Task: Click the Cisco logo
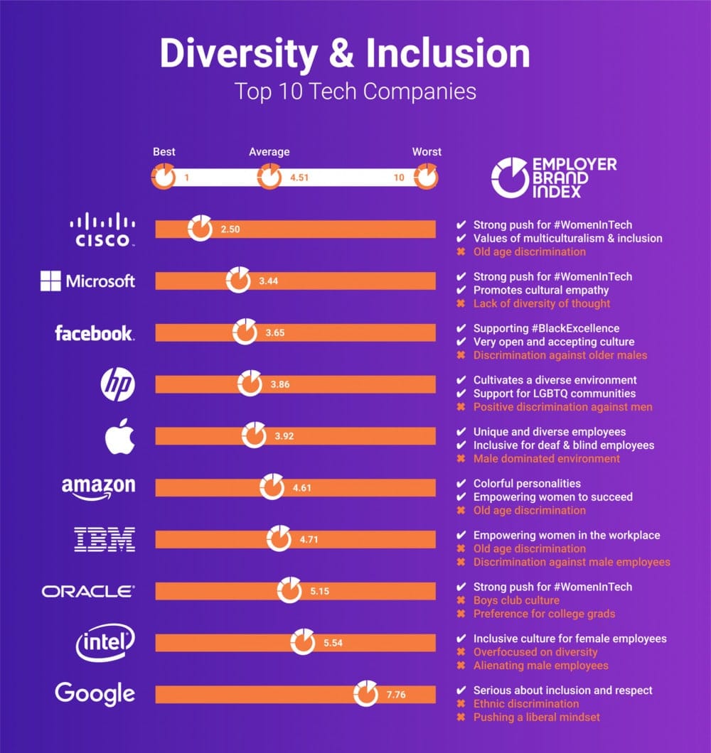coord(102,229)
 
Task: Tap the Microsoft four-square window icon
coord(50,281)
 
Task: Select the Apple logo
coord(119,435)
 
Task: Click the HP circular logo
coord(117,384)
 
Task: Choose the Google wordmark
coord(95,693)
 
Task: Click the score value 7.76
coord(395,694)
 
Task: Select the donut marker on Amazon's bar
coord(272,487)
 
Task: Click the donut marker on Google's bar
coord(366,693)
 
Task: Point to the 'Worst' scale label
coord(427,152)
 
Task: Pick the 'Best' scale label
coord(164,152)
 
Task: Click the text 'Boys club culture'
coord(516,600)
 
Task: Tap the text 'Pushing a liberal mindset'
coord(537,717)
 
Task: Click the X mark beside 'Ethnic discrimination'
coord(461,704)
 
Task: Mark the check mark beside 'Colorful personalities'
coord(461,484)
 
